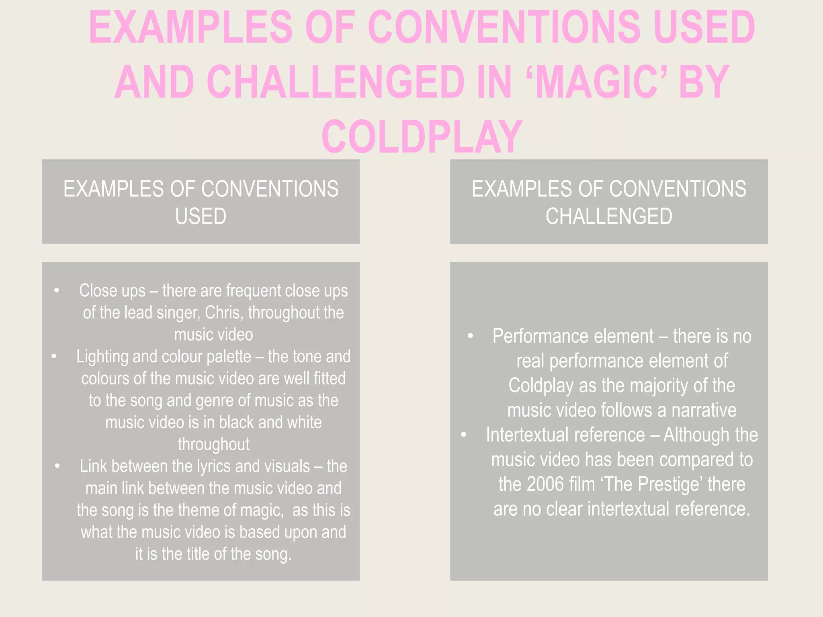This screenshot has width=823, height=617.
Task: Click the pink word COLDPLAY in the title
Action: [x=422, y=137]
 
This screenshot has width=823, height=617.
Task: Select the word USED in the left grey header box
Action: [x=201, y=216]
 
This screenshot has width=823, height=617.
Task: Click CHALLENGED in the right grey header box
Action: [x=609, y=216]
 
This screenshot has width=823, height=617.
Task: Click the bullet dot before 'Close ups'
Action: [x=57, y=290]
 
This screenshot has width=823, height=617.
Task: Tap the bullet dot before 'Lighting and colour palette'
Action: [x=54, y=356]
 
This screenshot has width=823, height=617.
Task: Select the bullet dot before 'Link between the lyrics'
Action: [x=57, y=466]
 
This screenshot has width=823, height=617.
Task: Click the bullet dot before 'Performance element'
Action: [x=470, y=336]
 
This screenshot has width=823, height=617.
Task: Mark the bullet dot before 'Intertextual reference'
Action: [x=463, y=435]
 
